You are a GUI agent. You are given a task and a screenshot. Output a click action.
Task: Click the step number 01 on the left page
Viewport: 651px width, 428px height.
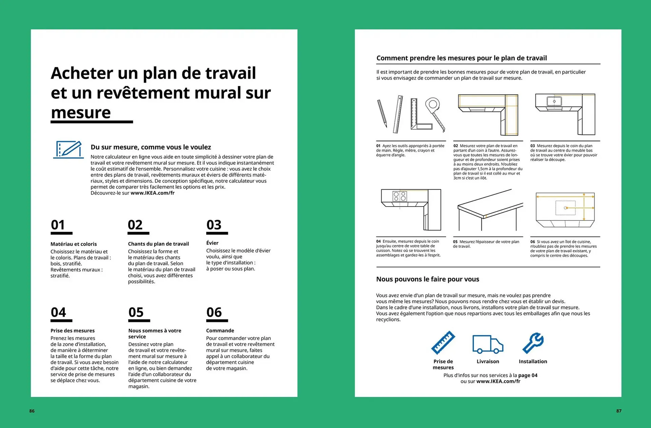click(x=58, y=225)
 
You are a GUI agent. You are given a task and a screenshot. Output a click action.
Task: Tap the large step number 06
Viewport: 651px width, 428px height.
click(x=214, y=312)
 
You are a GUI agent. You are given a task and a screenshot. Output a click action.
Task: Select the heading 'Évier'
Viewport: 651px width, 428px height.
click(x=212, y=243)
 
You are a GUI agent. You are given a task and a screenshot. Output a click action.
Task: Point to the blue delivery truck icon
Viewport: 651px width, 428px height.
click(x=488, y=344)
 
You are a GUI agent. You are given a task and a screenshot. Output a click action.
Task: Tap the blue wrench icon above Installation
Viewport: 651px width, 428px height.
click(x=533, y=343)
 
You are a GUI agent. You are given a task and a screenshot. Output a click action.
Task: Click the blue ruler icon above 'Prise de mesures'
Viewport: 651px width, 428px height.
click(x=443, y=343)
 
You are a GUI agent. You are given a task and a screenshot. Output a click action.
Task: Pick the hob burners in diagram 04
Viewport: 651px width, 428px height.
click(x=399, y=196)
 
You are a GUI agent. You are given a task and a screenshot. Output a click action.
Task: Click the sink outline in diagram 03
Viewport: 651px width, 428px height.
click(x=554, y=101)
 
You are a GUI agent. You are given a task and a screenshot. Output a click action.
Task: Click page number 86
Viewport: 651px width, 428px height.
click(x=32, y=411)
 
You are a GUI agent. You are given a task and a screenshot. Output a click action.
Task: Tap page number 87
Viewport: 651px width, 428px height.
click(x=619, y=411)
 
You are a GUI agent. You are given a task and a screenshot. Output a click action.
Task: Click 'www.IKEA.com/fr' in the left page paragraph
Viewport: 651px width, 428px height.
click(x=153, y=193)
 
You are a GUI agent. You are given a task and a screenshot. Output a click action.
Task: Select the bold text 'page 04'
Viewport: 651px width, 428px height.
click(x=528, y=375)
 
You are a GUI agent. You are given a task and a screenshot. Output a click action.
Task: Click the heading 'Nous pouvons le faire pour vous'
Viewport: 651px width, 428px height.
click(x=428, y=279)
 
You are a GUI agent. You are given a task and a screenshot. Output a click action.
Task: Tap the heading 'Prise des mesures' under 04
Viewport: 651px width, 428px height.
click(x=73, y=331)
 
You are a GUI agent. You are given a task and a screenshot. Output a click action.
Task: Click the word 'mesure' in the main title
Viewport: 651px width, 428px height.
click(x=81, y=113)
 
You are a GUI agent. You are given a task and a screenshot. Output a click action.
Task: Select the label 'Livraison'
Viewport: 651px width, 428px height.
click(x=488, y=362)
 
